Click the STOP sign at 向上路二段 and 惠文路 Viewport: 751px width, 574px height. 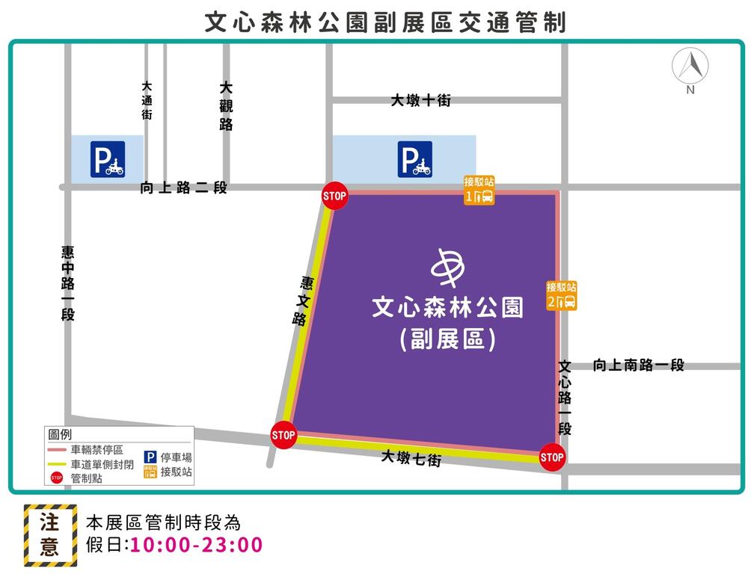pyautogui.click(x=334, y=197)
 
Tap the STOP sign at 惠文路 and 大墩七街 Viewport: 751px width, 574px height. pyautogui.click(x=283, y=435)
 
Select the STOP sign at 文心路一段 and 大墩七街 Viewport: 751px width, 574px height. pyautogui.click(x=551, y=457)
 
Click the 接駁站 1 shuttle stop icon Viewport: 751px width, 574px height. pyautogui.click(x=479, y=191)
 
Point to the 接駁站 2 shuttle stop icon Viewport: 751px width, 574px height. pyautogui.click(x=561, y=297)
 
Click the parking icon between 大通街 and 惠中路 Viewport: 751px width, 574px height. pyautogui.click(x=108, y=159)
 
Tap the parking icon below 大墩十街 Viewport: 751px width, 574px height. pyautogui.click(x=414, y=159)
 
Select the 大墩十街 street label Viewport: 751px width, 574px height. pyautogui.click(x=420, y=100)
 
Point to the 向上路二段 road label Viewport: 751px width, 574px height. pyautogui.click(x=183, y=188)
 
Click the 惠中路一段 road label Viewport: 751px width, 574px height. pyautogui.click(x=68, y=283)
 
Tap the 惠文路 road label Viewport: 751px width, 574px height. pyautogui.click(x=303, y=301)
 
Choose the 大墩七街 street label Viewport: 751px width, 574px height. pyautogui.click(x=411, y=458)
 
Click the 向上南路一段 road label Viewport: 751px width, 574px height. pyautogui.click(x=638, y=365)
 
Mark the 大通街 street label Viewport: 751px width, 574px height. pyautogui.click(x=147, y=101)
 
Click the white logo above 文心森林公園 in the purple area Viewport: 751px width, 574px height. pyautogui.click(x=449, y=266)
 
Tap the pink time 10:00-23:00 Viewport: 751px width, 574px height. pyautogui.click(x=197, y=545)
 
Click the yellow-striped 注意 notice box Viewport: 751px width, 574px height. pyautogui.click(x=50, y=534)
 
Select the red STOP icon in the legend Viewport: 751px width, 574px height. pyautogui.click(x=57, y=477)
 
